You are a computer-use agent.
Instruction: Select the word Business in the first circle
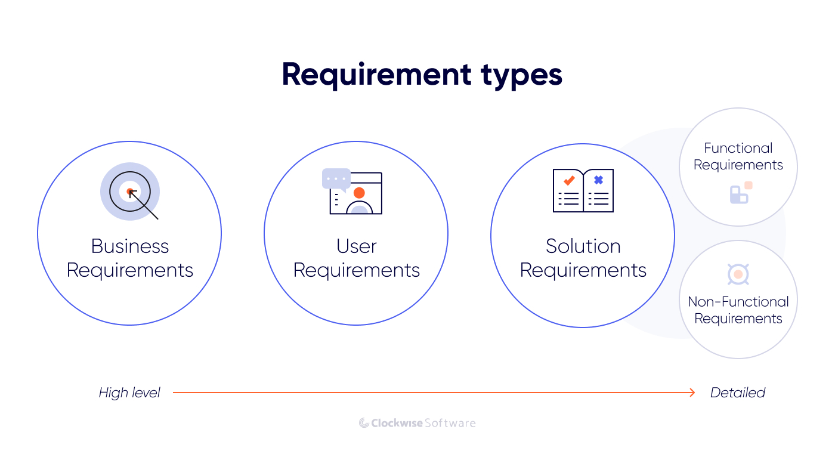(130, 246)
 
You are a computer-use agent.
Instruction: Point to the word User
(357, 246)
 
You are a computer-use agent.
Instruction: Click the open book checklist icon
(583, 191)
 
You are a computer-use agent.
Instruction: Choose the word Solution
(583, 246)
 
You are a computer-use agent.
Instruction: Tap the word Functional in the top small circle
(738, 148)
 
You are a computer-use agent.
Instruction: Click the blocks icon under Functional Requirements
(740, 193)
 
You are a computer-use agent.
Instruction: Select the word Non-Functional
(738, 302)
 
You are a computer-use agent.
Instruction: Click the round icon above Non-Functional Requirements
(738, 274)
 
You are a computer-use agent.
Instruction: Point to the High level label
(129, 393)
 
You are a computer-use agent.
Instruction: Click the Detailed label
(738, 393)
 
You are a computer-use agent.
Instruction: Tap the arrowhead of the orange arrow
(692, 393)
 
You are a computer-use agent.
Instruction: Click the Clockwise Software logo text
(423, 423)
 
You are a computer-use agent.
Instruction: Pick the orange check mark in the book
(568, 180)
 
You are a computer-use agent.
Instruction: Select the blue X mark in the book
(598, 180)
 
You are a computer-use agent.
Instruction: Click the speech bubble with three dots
(336, 178)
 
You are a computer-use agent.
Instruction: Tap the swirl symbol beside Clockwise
(364, 423)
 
